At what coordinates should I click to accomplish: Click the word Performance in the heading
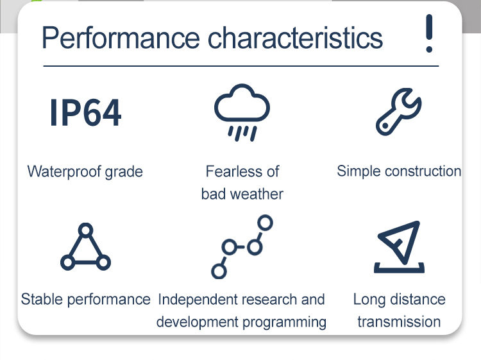click(121, 38)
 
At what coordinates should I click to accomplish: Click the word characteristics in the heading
click(296, 38)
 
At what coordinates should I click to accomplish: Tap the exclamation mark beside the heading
click(429, 33)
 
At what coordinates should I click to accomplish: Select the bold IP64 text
click(85, 112)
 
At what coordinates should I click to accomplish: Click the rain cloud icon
click(242, 112)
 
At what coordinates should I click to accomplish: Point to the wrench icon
click(398, 112)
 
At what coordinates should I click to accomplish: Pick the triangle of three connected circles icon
click(85, 246)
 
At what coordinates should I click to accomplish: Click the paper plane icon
click(399, 247)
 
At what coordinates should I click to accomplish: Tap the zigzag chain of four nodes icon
click(242, 247)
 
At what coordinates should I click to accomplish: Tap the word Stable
click(42, 299)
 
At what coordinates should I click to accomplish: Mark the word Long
click(369, 300)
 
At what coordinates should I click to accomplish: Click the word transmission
click(399, 322)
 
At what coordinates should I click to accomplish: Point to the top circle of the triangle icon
click(85, 230)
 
